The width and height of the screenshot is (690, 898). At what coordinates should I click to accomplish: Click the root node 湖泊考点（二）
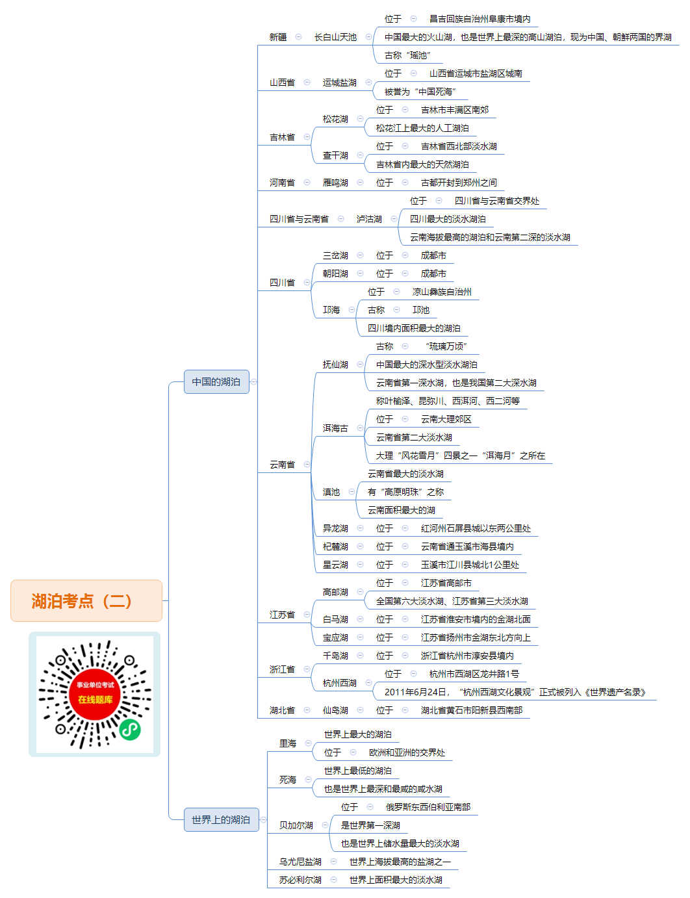tap(86, 600)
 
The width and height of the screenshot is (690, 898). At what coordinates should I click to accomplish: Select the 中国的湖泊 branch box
tap(216, 381)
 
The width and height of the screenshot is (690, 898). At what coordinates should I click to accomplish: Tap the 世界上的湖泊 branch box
tap(221, 819)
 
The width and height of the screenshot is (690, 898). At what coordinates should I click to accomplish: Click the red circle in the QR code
tap(95, 694)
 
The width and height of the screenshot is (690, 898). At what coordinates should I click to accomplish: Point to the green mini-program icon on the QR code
tap(130, 730)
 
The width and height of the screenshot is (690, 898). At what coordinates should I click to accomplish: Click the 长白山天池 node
tap(335, 37)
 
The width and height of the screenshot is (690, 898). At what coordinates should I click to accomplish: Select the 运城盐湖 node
tap(339, 83)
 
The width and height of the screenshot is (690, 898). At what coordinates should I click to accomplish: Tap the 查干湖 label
tap(335, 155)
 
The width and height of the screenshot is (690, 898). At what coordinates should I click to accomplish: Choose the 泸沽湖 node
tap(369, 219)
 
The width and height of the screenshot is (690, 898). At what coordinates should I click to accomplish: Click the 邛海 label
tap(331, 310)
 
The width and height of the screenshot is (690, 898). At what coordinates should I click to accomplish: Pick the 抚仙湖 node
tap(335, 365)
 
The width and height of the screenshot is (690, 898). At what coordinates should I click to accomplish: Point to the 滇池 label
tap(331, 492)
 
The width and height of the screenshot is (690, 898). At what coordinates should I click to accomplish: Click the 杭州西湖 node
tap(339, 683)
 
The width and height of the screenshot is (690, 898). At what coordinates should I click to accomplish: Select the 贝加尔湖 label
tap(296, 825)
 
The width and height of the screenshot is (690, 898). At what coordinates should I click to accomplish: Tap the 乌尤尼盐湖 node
tap(300, 862)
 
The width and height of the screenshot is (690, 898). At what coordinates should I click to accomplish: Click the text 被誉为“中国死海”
tap(420, 92)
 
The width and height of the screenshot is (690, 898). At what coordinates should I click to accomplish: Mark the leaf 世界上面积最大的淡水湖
tap(396, 880)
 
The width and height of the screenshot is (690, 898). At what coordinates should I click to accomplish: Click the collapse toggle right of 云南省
tap(307, 464)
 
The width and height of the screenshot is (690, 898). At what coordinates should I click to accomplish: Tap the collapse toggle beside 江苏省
tap(307, 614)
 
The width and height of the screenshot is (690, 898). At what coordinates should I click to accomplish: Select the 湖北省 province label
tap(282, 710)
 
